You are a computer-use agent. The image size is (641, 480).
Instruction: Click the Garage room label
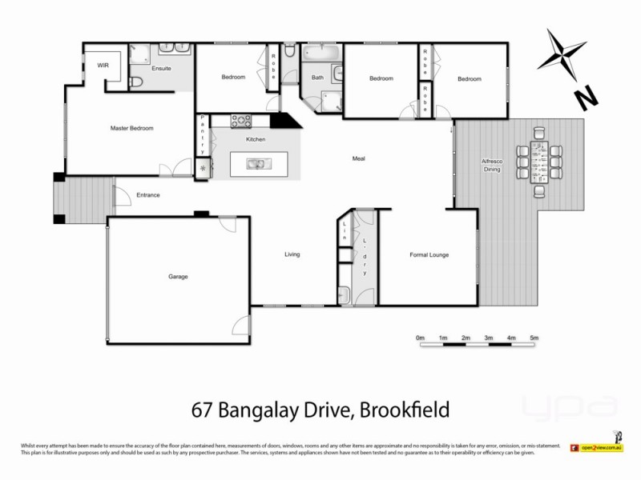[178, 277]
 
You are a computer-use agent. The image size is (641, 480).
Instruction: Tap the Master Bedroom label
[131, 128]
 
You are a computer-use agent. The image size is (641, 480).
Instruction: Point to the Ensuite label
[162, 69]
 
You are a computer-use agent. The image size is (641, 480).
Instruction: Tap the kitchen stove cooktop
[241, 122]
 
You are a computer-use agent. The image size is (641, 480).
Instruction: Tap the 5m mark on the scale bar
[534, 338]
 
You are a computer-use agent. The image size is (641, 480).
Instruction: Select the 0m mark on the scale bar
[420, 338]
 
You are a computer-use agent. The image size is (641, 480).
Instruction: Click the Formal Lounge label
[429, 255]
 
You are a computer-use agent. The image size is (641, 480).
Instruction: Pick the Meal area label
[358, 158]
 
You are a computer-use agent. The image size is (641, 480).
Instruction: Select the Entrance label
[148, 195]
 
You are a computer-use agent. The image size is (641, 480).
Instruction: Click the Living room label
[292, 254]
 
